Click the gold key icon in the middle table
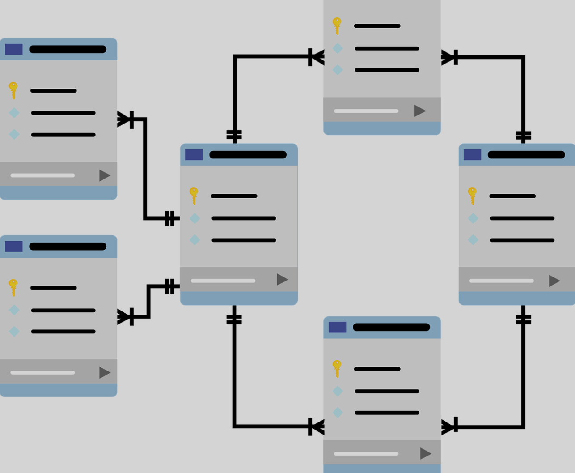[194, 196]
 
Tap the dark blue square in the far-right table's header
[472, 155]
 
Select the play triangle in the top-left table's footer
[104, 175]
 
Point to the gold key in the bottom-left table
[13, 287]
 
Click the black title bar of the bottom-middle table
[391, 327]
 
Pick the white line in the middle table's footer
[223, 281]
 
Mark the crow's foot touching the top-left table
[124, 119]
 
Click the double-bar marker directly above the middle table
[234, 135]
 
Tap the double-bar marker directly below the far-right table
[523, 319]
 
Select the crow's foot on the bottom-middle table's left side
[317, 427]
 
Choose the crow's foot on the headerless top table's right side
[448, 57]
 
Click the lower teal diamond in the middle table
[194, 240]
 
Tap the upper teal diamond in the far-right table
[473, 218]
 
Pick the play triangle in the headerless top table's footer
[419, 111]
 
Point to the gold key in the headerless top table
[337, 26]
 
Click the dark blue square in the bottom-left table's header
[14, 247]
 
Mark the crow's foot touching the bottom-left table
[124, 316]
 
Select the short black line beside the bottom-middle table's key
[377, 369]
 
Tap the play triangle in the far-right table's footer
[554, 281]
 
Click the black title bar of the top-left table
[68, 49]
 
